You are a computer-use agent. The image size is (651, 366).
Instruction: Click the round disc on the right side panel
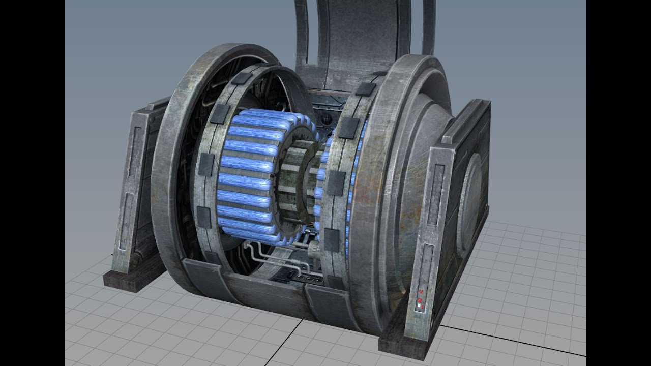469,203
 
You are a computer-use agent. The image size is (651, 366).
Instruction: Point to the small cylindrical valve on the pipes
314,250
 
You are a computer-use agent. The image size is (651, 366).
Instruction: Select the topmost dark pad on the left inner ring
242,79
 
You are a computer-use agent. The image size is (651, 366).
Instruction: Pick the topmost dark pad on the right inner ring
365,89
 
